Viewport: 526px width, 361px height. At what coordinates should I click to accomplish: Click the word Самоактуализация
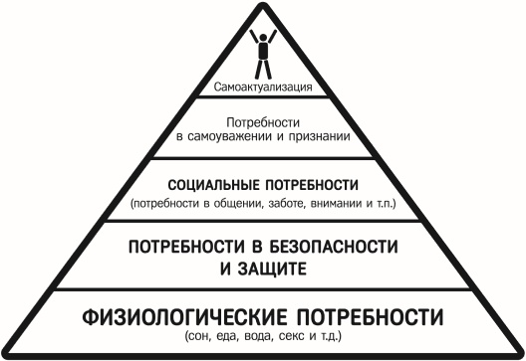(263, 88)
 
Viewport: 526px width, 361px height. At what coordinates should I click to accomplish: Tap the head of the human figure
(263, 35)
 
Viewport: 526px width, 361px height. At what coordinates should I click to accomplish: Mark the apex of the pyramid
(263, 5)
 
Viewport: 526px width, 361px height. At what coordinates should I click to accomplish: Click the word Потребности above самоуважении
(263, 123)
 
